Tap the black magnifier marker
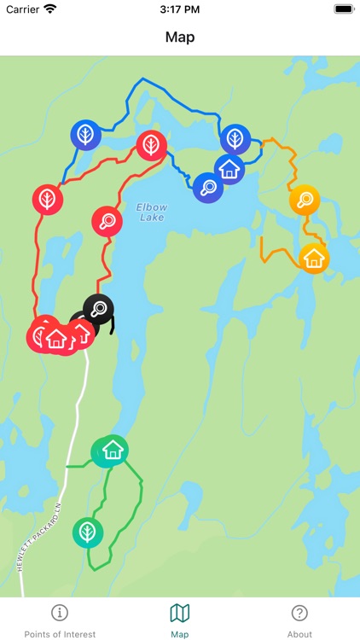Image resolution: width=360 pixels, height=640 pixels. point(99,308)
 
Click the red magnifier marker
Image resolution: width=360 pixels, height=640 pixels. point(107,221)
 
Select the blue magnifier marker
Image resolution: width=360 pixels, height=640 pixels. point(207,187)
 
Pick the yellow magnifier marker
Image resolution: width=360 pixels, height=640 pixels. point(305,201)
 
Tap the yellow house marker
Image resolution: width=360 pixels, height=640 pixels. point(314,257)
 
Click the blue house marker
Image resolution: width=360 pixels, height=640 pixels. point(229,169)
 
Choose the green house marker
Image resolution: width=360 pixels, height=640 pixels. point(111,450)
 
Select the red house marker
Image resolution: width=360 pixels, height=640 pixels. point(56,337)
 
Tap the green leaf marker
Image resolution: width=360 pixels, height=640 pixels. point(86,532)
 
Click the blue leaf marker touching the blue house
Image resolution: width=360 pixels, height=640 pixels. point(235,138)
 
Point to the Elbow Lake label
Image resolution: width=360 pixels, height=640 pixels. point(152,212)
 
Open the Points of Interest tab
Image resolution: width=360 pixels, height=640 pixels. point(60,620)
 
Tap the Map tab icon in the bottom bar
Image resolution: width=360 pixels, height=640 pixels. point(180,613)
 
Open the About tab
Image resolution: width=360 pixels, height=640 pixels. point(299,620)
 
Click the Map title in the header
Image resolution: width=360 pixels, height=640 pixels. point(180,37)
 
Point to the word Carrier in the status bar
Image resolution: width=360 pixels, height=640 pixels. point(22,9)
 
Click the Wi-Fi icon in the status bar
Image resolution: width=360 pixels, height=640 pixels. point(50,9)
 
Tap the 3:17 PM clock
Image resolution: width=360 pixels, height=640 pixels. point(179,9)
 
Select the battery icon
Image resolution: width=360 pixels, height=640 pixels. point(344,9)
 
